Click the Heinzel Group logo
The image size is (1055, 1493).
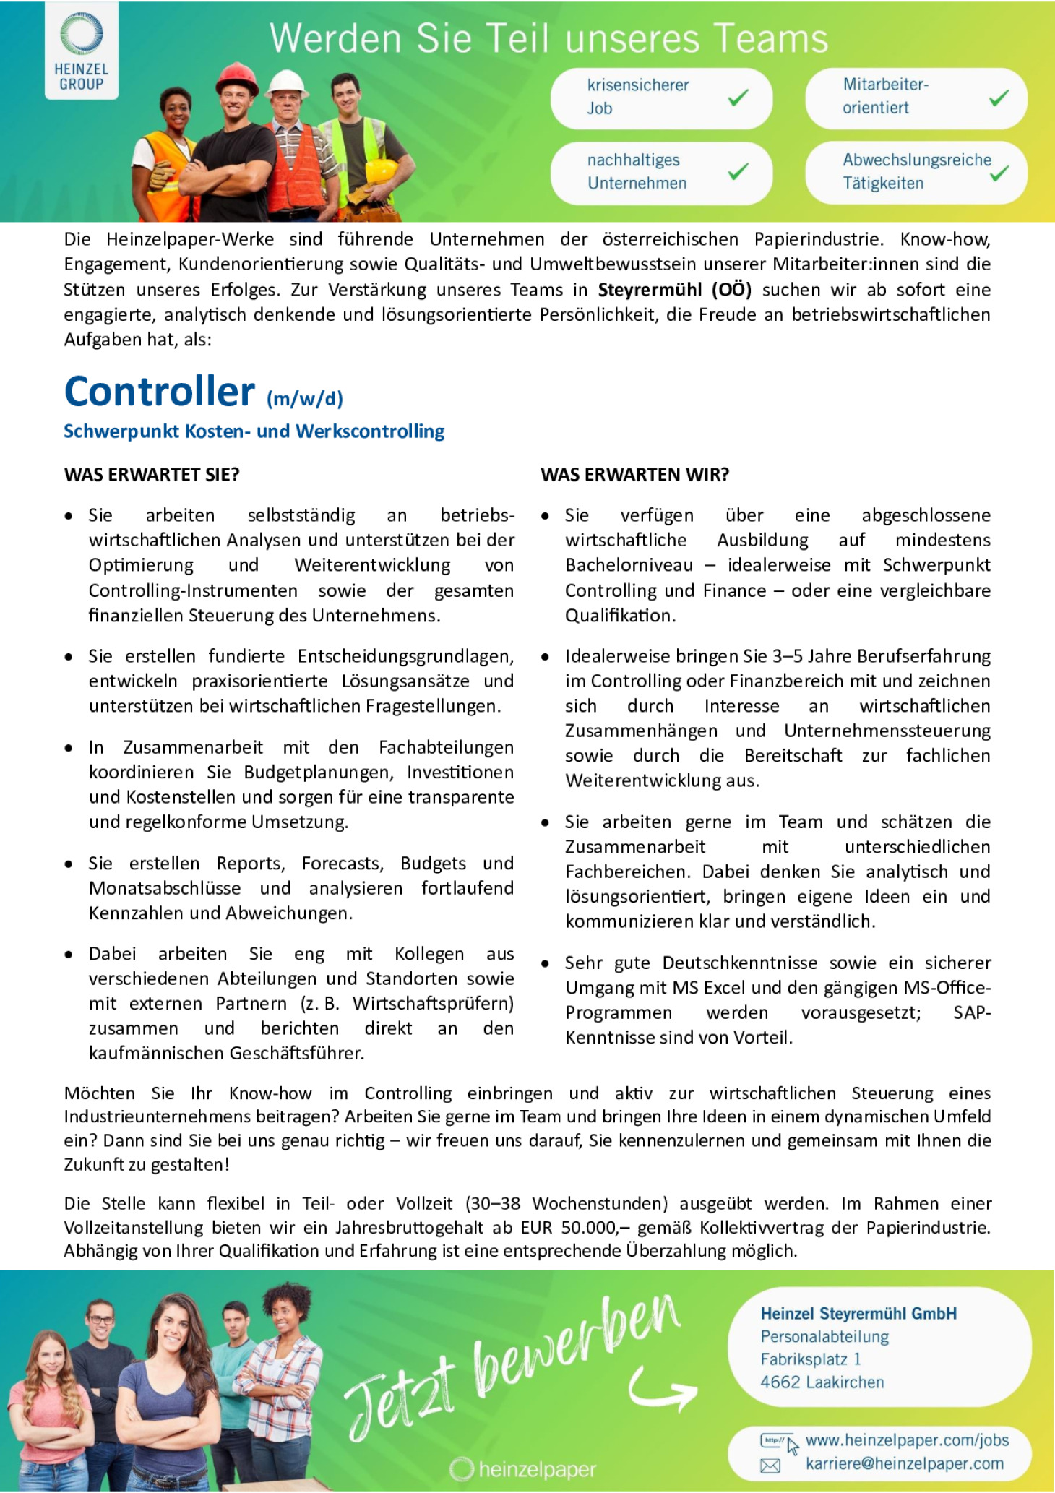[81, 51]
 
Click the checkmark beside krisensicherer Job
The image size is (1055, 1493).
[738, 97]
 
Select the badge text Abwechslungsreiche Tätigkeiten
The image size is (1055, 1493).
[916, 171]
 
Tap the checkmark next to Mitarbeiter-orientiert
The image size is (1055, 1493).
[999, 97]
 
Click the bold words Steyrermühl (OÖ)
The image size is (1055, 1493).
[674, 290]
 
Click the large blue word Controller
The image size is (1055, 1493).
[160, 392]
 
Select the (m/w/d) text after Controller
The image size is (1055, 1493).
[304, 398]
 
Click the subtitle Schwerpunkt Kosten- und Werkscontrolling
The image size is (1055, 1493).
[254, 431]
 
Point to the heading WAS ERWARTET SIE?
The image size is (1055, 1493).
[152, 475]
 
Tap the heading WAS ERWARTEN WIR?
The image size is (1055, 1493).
[634, 475]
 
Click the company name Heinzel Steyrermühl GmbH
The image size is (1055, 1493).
[858, 1314]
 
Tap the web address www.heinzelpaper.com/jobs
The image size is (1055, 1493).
[907, 1440]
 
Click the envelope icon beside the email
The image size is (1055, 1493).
[770, 1465]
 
